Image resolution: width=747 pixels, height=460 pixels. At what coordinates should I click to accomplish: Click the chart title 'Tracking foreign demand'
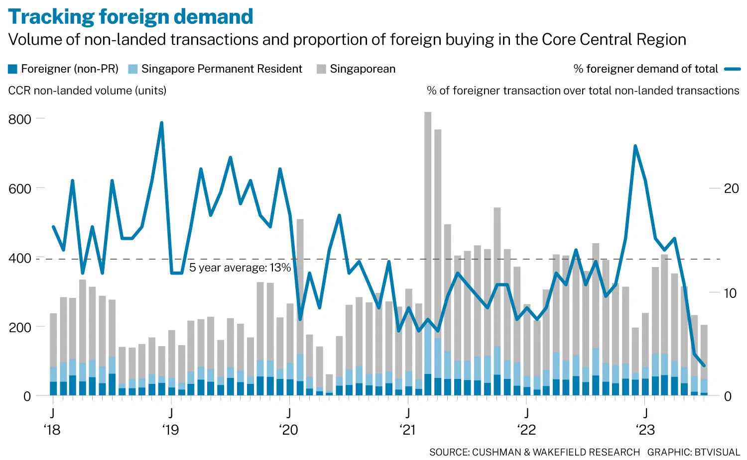click(x=130, y=16)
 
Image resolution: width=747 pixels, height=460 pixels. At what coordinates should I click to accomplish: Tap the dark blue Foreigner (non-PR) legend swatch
click(x=13, y=69)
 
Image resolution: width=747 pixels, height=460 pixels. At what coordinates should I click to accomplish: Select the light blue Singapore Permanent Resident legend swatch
click(x=133, y=69)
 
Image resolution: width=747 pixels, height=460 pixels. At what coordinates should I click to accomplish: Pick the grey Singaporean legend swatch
click(x=321, y=69)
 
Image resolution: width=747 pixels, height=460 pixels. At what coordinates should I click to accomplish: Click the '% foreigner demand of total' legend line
click(x=733, y=69)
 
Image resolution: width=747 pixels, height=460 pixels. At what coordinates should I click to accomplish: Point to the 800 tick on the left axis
click(x=20, y=119)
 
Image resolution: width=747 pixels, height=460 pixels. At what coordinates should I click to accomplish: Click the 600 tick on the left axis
click(x=20, y=188)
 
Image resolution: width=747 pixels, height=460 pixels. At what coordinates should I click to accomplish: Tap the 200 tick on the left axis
click(x=20, y=327)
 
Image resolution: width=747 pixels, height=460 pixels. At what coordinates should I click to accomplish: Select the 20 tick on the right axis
click(x=731, y=188)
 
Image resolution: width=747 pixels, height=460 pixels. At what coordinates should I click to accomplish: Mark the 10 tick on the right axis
click(x=730, y=293)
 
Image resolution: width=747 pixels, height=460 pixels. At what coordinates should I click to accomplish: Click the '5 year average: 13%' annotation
click(x=240, y=268)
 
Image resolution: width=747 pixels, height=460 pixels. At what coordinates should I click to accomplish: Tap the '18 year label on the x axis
click(x=52, y=430)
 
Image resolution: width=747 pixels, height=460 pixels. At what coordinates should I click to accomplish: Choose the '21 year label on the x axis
click(x=408, y=430)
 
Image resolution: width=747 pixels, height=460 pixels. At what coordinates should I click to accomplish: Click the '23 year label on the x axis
click(x=645, y=430)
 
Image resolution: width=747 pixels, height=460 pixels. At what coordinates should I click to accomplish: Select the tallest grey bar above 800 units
click(x=428, y=199)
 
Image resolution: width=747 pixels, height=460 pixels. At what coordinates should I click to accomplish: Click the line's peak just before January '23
click(x=635, y=146)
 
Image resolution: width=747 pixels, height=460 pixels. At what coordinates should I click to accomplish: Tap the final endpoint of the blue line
click(x=704, y=366)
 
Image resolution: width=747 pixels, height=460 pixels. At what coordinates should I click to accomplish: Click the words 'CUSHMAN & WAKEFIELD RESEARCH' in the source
click(x=556, y=452)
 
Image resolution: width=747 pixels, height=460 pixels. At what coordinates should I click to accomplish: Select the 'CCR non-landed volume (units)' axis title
click(x=88, y=91)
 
